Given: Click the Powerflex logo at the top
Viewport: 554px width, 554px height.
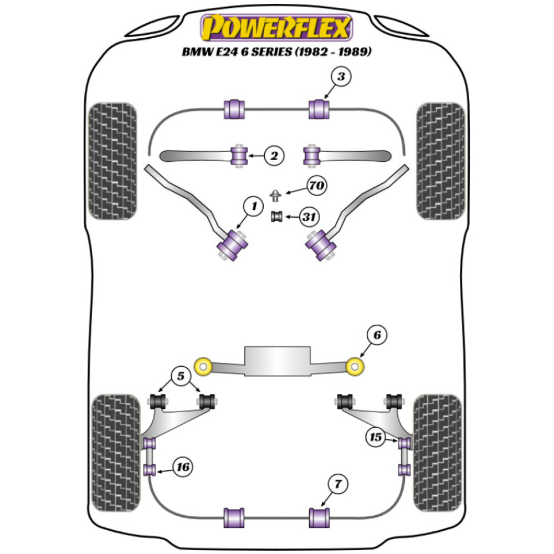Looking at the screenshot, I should [276, 27].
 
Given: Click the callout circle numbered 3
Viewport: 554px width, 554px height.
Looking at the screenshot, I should [341, 77].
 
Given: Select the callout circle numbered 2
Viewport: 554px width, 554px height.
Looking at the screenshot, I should [273, 156].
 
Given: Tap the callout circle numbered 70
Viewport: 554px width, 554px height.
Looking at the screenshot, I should [316, 186].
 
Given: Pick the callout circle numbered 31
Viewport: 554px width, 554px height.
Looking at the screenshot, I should [309, 217].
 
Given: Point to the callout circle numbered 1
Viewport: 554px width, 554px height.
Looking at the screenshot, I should [254, 207].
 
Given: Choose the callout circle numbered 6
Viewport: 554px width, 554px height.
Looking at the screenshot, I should [377, 335].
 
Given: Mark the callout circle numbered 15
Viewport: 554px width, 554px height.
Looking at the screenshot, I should [376, 438].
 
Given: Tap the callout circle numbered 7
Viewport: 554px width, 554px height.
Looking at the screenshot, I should [338, 485].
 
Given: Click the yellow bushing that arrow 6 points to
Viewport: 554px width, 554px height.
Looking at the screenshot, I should [355, 366].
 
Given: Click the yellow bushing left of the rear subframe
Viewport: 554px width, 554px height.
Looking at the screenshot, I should [204, 366].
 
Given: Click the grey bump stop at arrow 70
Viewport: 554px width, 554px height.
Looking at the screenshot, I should [276, 195].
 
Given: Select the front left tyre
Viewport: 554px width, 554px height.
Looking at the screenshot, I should [112, 161].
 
